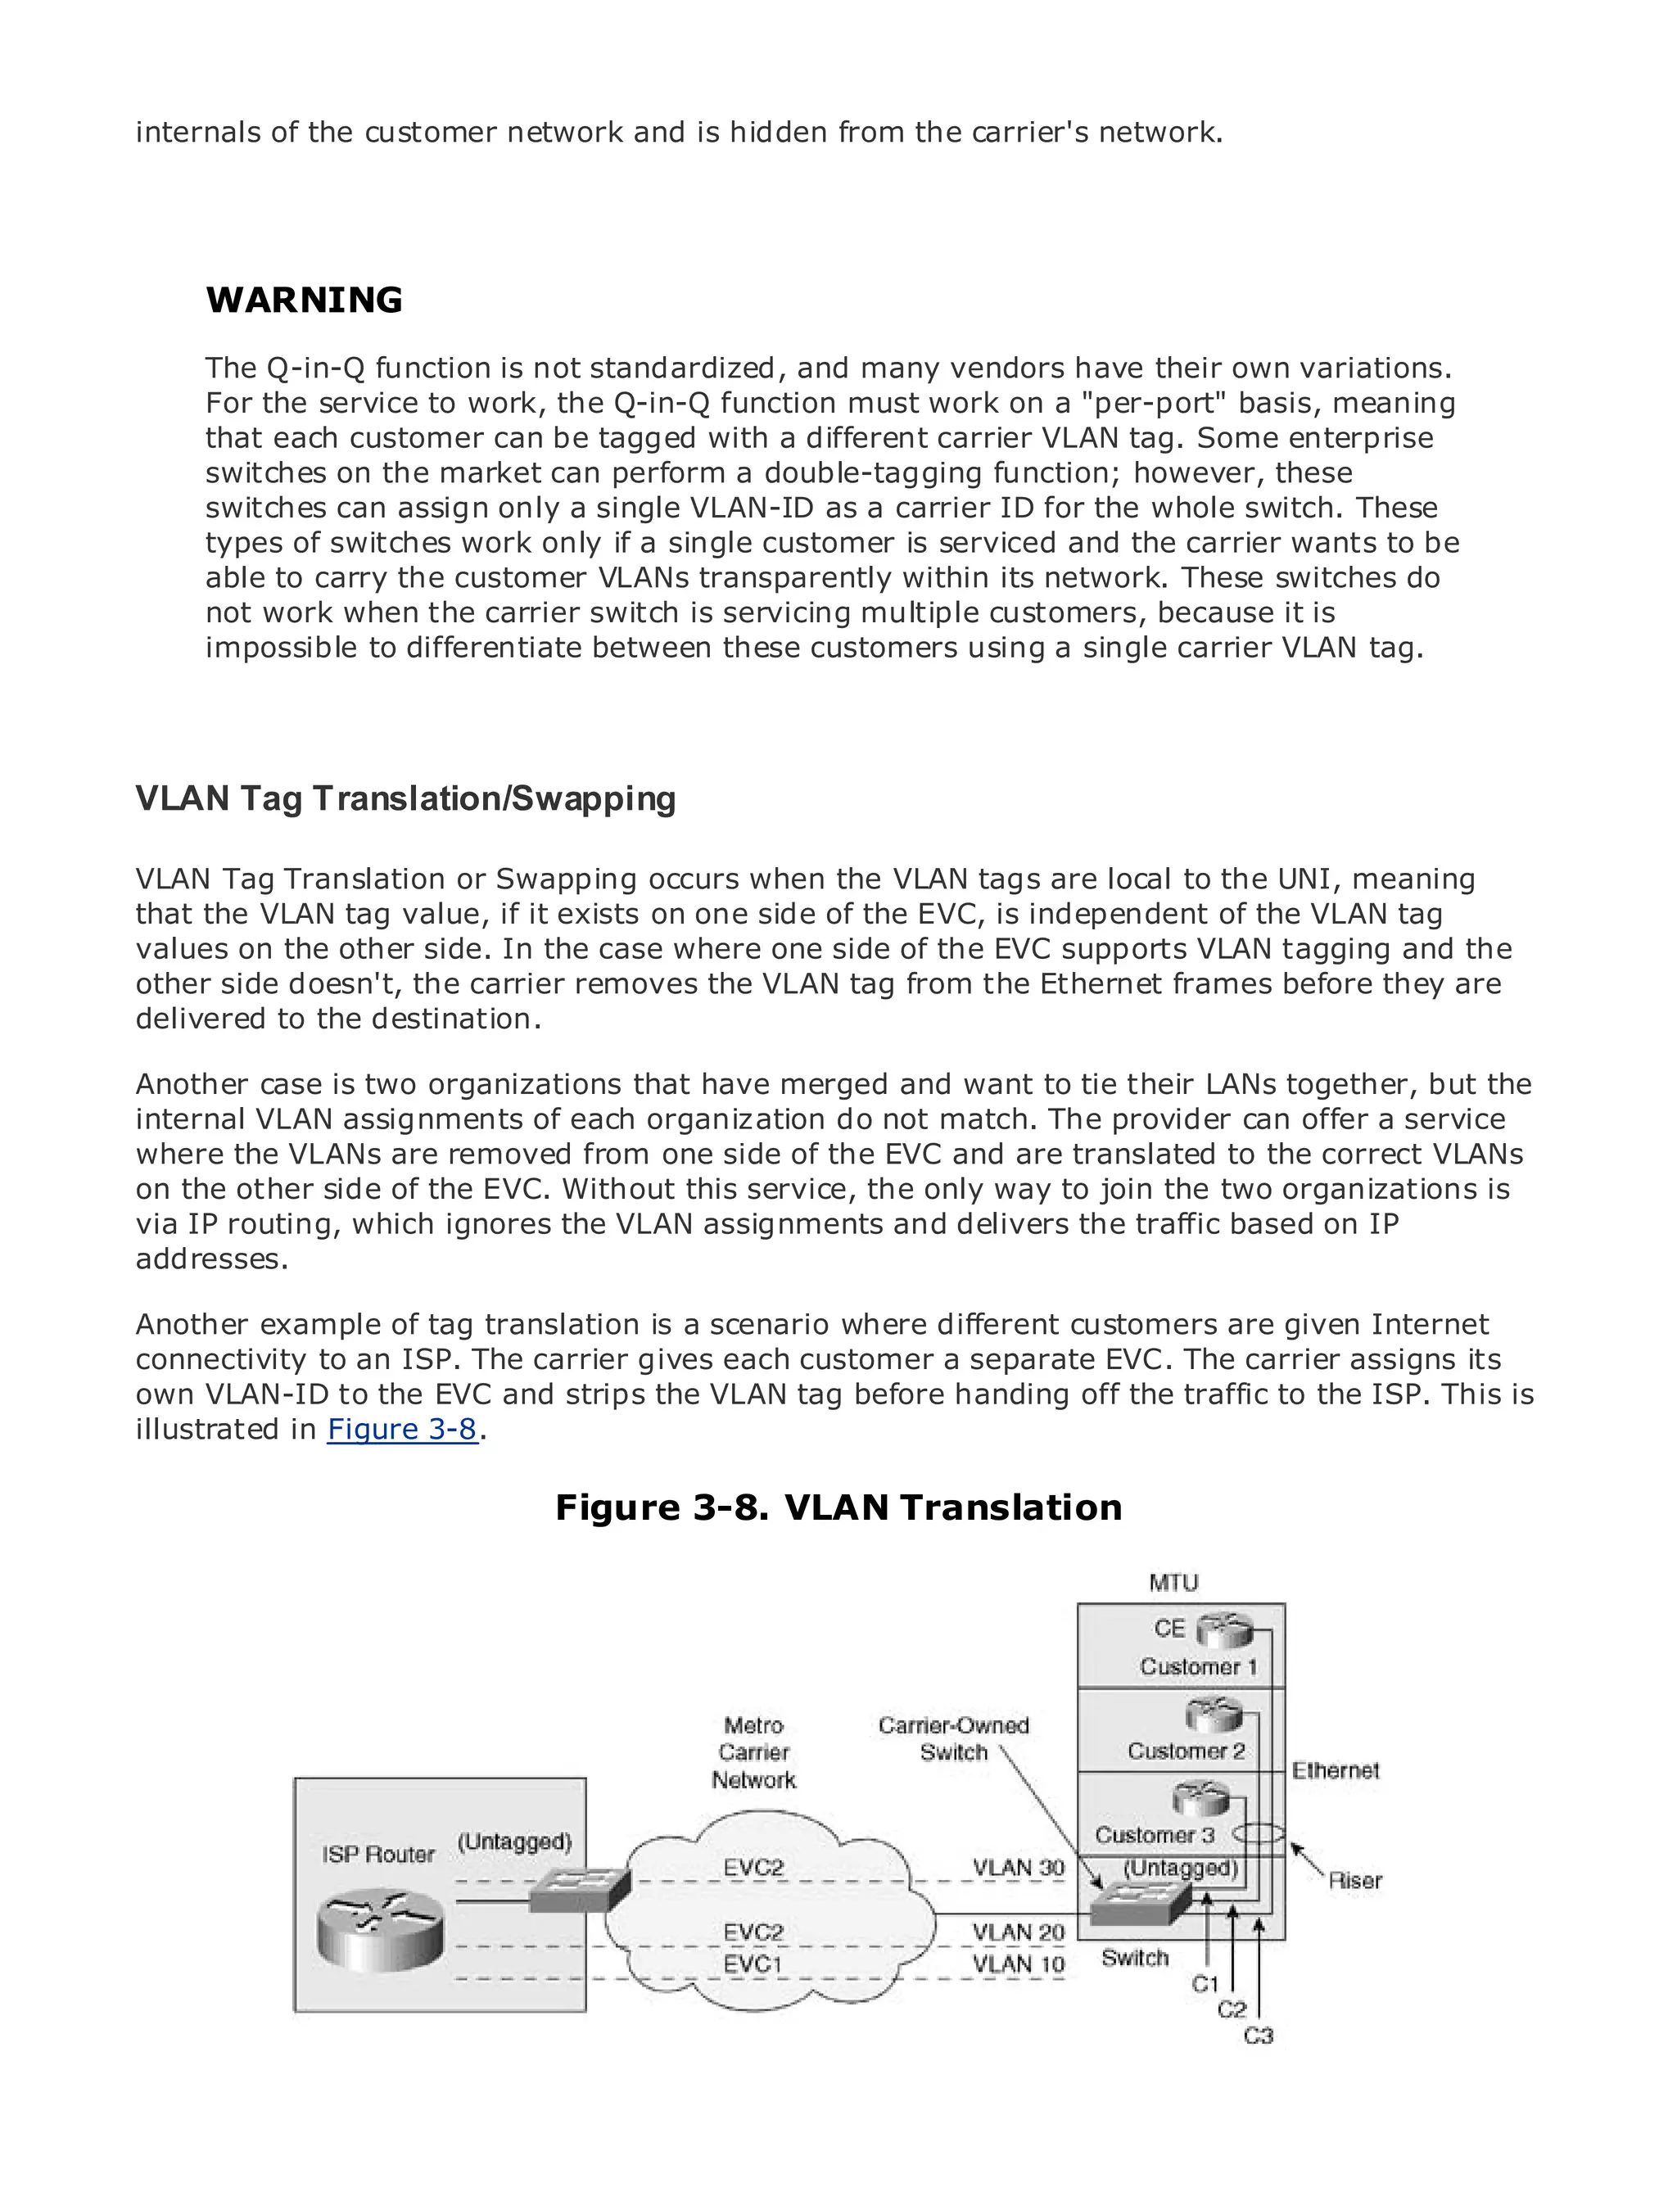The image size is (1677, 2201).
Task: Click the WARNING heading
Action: (304, 301)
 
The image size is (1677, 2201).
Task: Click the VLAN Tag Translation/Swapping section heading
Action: (405, 798)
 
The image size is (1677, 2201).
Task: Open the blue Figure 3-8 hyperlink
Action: (402, 1430)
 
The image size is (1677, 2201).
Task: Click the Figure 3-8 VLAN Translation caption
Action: (838, 1507)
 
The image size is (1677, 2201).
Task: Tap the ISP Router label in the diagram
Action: (378, 1854)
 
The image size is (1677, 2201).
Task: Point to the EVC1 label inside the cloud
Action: (753, 1964)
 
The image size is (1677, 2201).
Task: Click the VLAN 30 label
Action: (1018, 1868)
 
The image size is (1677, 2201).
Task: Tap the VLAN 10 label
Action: (1018, 1964)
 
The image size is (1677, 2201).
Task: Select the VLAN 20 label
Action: (1018, 1932)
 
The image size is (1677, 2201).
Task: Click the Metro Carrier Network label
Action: (753, 1753)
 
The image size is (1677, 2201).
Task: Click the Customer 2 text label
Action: (1186, 1751)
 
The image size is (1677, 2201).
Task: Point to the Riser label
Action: (1354, 1881)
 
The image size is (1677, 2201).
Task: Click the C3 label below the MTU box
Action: (1258, 2036)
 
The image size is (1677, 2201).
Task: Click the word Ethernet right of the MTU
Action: (1335, 1771)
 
